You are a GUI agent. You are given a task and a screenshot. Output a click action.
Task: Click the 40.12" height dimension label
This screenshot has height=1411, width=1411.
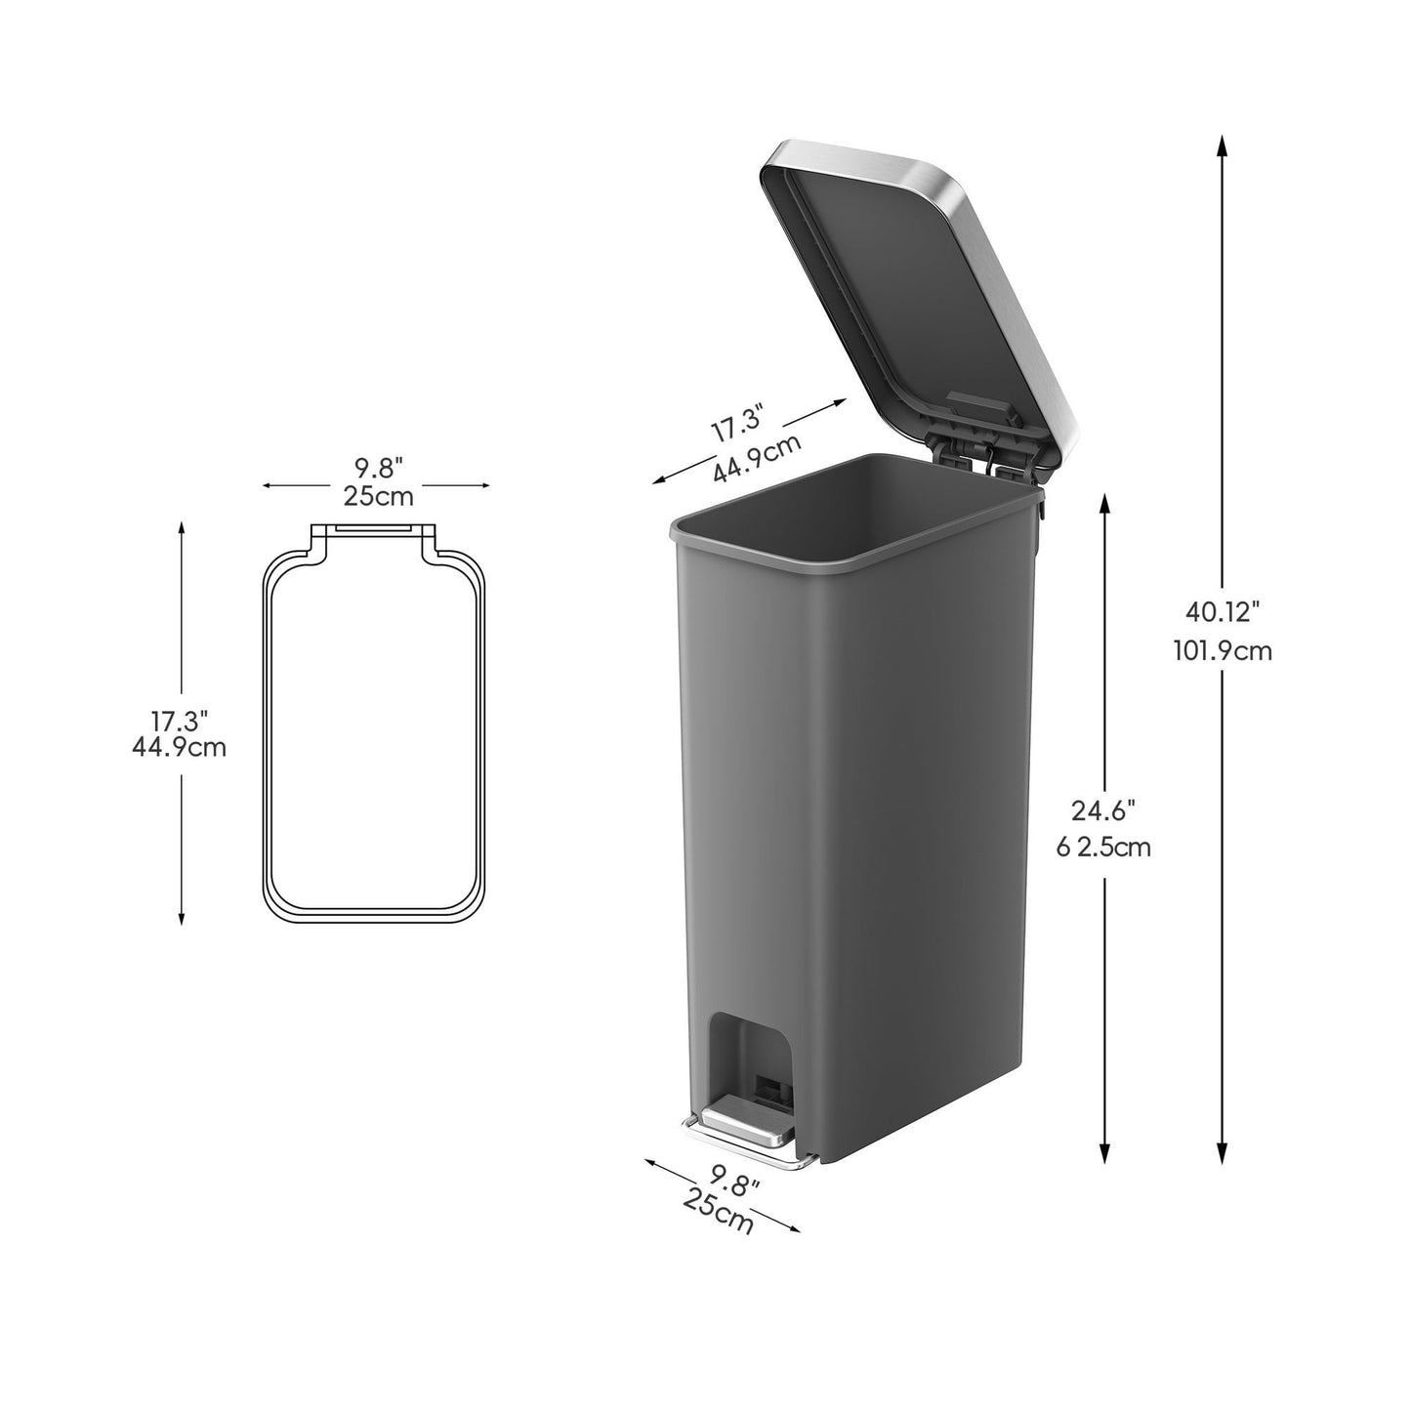[1223, 611]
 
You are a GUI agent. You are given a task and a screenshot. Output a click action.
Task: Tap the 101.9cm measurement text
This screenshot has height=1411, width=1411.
[1223, 650]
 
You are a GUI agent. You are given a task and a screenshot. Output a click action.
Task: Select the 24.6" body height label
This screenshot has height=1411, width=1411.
[1104, 810]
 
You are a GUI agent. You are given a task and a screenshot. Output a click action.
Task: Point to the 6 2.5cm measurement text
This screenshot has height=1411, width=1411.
[1103, 848]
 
